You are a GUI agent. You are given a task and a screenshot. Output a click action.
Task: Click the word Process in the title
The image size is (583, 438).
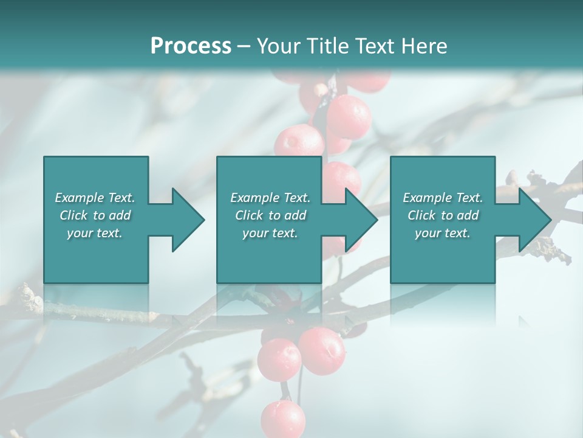click(191, 46)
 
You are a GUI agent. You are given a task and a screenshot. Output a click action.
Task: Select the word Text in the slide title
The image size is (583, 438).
click(376, 46)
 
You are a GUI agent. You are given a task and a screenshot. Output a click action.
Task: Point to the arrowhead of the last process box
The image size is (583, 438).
click(534, 220)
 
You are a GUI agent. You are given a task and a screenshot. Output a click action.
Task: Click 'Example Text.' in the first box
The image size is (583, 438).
click(95, 198)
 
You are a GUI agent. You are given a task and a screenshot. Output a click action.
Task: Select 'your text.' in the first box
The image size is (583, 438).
click(95, 233)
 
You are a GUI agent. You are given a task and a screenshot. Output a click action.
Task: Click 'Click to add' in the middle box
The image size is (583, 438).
click(270, 215)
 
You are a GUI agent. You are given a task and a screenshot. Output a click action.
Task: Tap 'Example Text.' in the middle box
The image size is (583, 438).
click(270, 198)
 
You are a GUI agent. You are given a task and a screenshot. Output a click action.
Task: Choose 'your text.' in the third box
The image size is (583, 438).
click(443, 233)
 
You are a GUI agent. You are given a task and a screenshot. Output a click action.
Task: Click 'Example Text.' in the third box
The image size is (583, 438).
click(443, 198)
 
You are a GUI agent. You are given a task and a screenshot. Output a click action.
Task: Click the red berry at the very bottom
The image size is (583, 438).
click(283, 419)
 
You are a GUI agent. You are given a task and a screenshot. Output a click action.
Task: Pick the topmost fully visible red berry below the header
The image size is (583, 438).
click(348, 116)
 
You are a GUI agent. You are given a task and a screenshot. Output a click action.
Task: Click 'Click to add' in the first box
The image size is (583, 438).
click(95, 215)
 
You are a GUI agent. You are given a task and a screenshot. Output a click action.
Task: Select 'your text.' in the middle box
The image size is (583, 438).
click(270, 233)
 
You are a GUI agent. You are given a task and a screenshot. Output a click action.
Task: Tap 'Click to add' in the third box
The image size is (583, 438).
click(443, 215)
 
